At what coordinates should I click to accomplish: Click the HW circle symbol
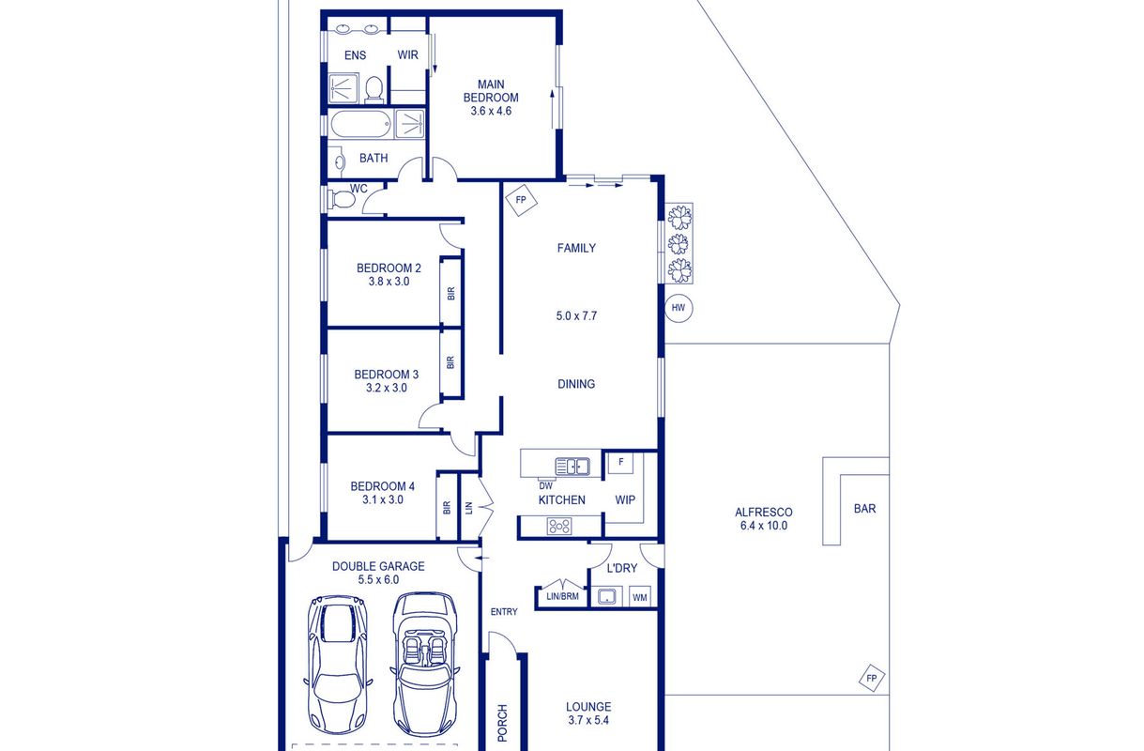[x=679, y=308]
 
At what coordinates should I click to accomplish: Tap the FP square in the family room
[x=521, y=200]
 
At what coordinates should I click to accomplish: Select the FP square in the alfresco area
[x=872, y=678]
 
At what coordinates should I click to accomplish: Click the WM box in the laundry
[x=640, y=597]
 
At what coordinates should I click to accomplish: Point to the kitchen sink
[x=572, y=467]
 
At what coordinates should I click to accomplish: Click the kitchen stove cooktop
[x=559, y=527]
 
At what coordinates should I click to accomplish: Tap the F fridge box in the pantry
[x=620, y=463]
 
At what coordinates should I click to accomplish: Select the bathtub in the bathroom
[x=361, y=124]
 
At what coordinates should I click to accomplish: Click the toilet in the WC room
[x=341, y=199]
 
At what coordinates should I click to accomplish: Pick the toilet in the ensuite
[x=374, y=89]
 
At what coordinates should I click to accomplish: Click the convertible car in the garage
[x=425, y=664]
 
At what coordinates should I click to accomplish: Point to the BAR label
[x=864, y=508]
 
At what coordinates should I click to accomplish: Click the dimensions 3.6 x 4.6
[x=491, y=111]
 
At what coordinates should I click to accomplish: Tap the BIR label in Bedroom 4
[x=447, y=507]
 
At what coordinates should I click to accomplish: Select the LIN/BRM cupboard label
[x=562, y=596]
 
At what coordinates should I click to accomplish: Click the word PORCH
[x=502, y=723]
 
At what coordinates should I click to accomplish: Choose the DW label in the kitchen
[x=545, y=486]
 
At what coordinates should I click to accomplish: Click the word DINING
[x=576, y=384]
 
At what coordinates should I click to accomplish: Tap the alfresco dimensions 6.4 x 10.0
[x=764, y=525]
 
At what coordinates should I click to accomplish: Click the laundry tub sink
[x=607, y=597]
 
